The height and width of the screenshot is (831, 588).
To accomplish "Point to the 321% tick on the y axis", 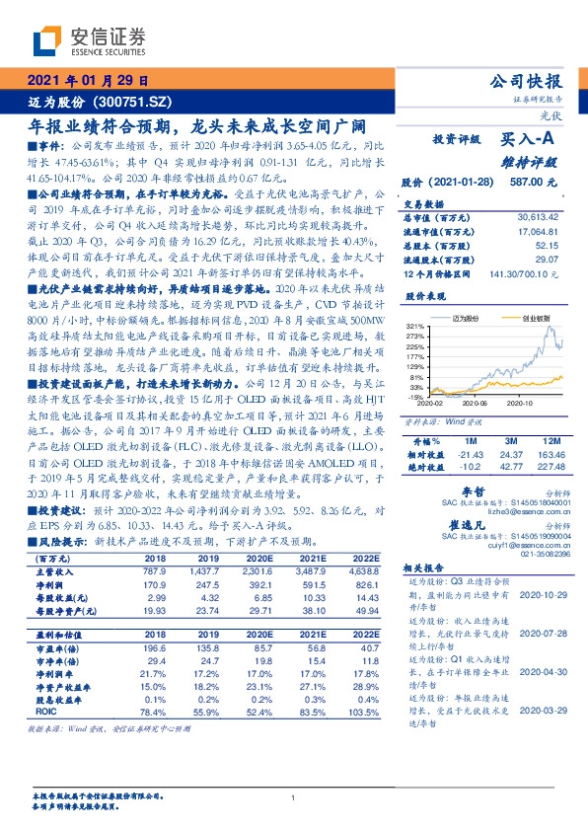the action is pyautogui.click(x=413, y=326).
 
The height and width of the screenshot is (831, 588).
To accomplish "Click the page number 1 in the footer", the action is pyautogui.click(x=294, y=797).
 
